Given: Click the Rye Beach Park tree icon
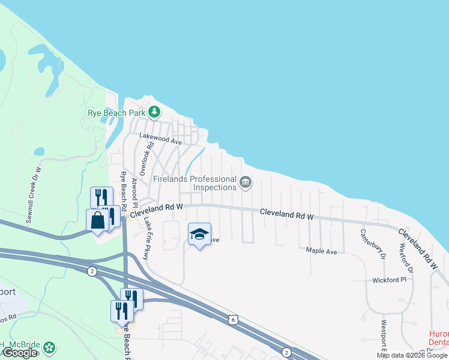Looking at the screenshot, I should (154, 111).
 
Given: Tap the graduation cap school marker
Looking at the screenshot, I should (199, 234).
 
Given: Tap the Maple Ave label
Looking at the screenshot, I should (322, 251).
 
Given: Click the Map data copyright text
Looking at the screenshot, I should (412, 355).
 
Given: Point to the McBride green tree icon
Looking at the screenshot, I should (50, 347).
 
